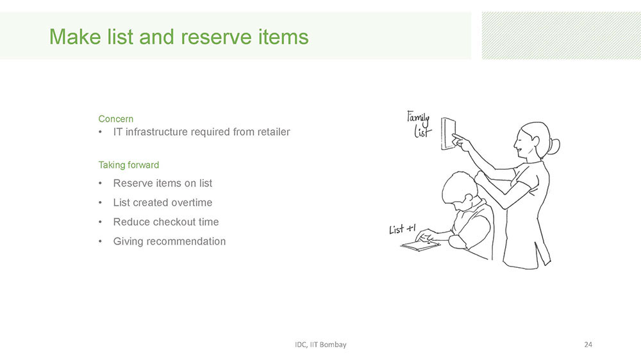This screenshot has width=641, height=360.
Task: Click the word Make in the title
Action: pyautogui.click(x=75, y=37)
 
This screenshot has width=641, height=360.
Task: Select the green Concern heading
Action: pyautogui.click(x=115, y=119)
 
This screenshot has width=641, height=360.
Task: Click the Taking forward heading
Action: pyautogui.click(x=129, y=165)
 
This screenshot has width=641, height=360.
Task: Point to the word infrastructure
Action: pyautogui.click(x=165, y=132)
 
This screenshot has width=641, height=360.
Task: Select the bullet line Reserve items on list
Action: pyautogui.click(x=163, y=183)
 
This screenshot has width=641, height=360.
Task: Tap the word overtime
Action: pyautogui.click(x=192, y=202)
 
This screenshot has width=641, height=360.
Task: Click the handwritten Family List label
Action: pyautogui.click(x=419, y=124)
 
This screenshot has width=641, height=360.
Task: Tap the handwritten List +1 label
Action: pyautogui.click(x=403, y=229)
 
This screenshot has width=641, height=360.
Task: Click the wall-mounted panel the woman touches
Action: pyautogui.click(x=448, y=134)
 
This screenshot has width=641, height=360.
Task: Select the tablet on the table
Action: pyautogui.click(x=420, y=245)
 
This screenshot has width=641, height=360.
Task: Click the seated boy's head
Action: pyautogui.click(x=460, y=191)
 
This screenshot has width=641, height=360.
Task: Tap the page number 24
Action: pyautogui.click(x=588, y=345)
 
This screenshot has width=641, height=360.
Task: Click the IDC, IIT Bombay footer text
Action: pyautogui.click(x=320, y=345)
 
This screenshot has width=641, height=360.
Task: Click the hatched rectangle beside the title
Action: pyautogui.click(x=562, y=35)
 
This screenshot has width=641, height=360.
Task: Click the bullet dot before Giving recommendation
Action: pyautogui.click(x=100, y=241)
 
